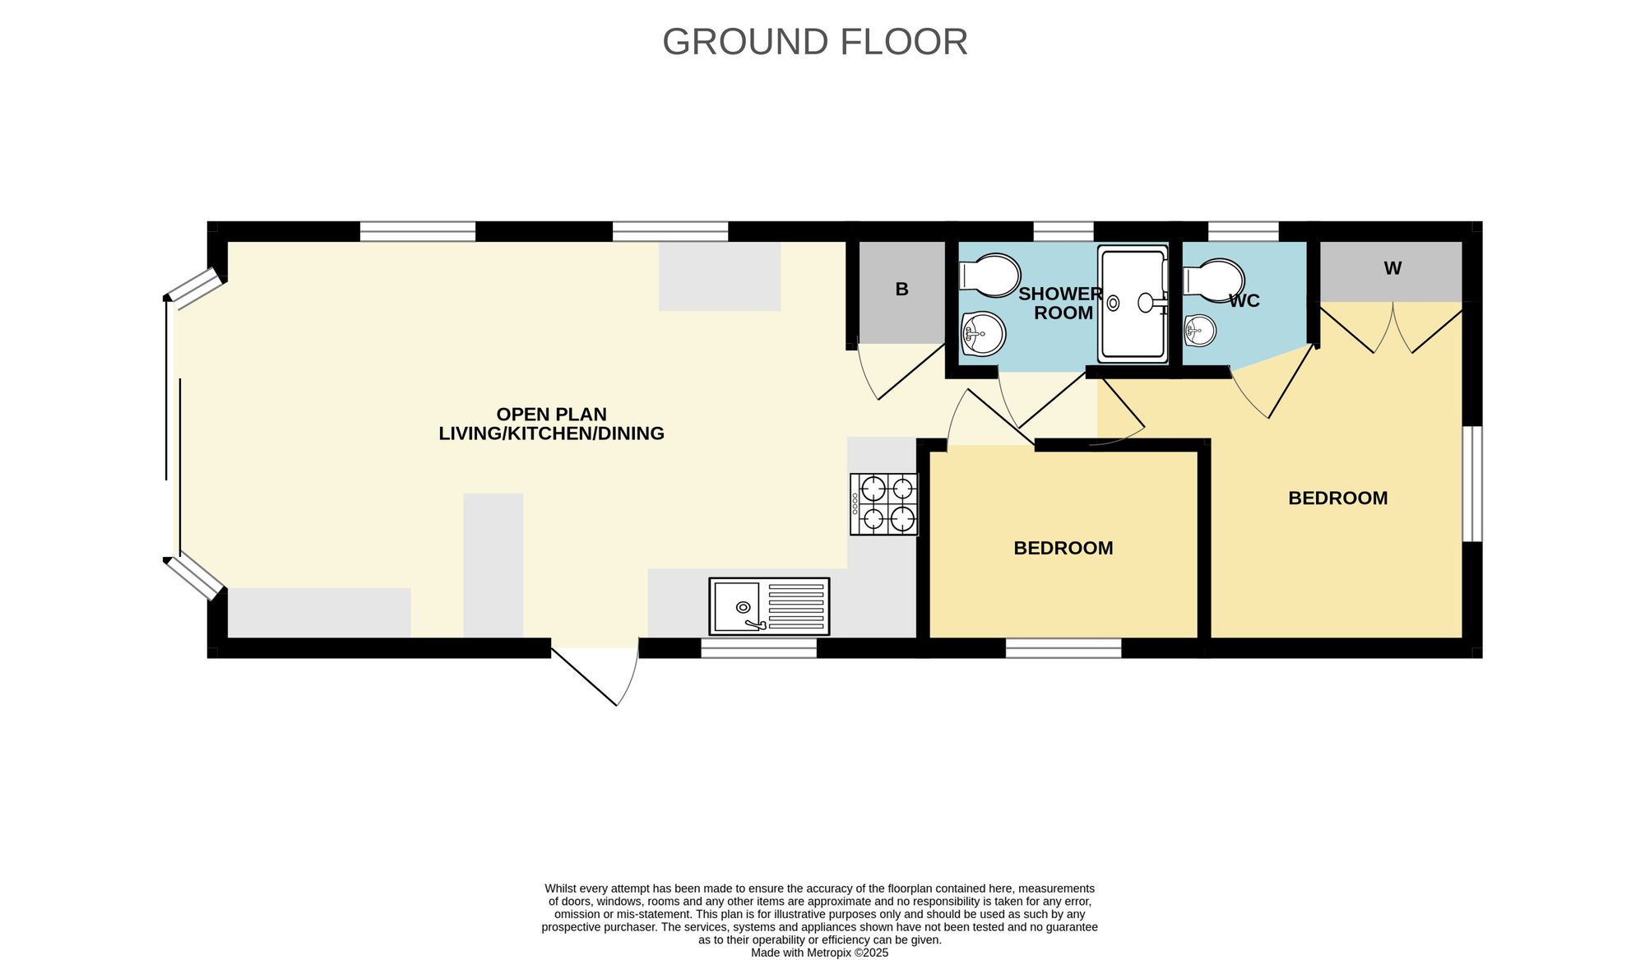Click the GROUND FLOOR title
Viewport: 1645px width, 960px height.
coord(815,42)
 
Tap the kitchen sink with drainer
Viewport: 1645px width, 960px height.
coord(769,606)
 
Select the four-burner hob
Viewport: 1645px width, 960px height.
coord(884,504)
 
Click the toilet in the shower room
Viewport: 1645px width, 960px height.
coord(989,275)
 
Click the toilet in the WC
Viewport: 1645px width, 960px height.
coord(1213,281)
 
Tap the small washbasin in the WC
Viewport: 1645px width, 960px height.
coord(1200,331)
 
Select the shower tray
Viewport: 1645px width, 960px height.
coord(1133,304)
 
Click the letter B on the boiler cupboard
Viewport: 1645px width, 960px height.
coord(901,290)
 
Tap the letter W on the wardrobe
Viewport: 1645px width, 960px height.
coord(1392,268)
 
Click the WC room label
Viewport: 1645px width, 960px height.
coord(1244,301)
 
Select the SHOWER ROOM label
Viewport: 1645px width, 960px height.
coord(1062,303)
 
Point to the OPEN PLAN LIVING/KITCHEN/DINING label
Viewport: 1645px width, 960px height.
coord(551,424)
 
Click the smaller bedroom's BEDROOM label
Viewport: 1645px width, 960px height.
coord(1063,548)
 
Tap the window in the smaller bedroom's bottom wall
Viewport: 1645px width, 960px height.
coord(1063,648)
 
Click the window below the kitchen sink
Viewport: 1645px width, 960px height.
coord(758,648)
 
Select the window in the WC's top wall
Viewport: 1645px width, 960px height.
coord(1244,231)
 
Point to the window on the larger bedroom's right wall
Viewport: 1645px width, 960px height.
coord(1472,484)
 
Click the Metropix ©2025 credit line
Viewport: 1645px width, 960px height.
coord(819,953)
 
